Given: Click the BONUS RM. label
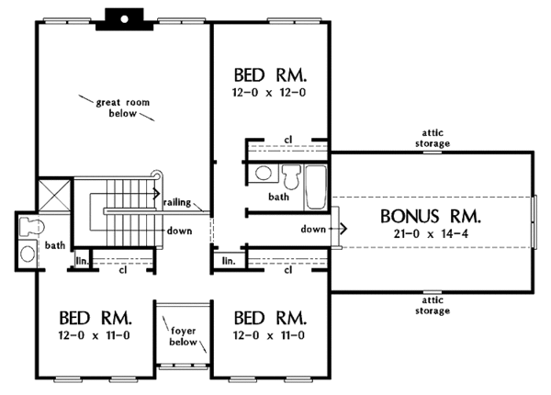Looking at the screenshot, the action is coord(431,216).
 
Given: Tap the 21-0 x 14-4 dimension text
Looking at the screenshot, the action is coord(431,233).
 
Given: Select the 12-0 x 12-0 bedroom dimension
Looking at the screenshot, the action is coord(269,93).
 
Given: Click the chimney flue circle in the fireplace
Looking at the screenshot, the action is coord(124,19).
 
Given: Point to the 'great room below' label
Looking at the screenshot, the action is coord(123,107).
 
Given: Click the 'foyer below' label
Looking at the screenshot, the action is coord(183,336).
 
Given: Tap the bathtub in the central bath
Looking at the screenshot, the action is coord(316,187).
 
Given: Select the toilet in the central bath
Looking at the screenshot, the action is coord(292,176).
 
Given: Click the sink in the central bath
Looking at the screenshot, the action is coord(264,174).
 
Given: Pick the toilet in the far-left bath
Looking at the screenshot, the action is coord(32,226).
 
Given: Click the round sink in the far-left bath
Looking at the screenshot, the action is coord(28,254).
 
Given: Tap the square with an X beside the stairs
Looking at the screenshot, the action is coord(54,196).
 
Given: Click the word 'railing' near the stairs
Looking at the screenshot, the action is coord(177,202).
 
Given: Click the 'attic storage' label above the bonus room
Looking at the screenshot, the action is coord(433,138).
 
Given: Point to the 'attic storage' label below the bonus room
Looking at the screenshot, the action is coord(433,305).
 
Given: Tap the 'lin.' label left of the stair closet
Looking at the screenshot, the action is coord(83,262).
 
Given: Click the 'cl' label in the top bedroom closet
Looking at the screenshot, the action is coord(288,140).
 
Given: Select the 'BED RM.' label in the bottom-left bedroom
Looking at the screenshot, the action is coord(95,318).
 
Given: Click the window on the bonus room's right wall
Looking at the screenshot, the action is coord(534,222).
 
